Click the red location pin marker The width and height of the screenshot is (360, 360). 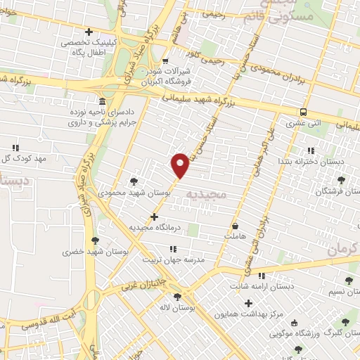181,165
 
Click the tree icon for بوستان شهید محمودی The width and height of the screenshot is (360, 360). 134,181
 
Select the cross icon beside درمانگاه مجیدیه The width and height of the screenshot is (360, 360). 155,217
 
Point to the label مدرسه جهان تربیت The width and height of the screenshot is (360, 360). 174,259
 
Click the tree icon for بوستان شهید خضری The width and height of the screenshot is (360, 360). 96,240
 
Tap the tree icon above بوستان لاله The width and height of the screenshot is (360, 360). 176,297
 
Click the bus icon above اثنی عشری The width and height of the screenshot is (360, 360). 303,112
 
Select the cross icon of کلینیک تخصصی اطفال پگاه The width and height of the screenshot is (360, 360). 89,32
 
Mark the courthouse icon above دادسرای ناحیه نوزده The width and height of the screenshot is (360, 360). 103,101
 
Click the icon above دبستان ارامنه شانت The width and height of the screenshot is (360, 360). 262,275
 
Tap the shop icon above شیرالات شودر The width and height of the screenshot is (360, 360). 166,60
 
